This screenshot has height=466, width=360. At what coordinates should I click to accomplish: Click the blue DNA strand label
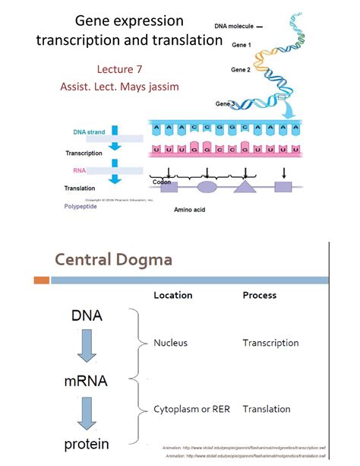90,132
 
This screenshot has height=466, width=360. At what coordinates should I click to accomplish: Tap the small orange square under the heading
41,281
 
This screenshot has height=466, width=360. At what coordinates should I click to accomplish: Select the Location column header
173,295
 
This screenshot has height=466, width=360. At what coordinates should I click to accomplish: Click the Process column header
259,295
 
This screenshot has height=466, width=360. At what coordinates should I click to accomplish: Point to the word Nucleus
171,343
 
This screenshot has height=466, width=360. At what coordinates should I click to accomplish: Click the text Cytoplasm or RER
190,409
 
